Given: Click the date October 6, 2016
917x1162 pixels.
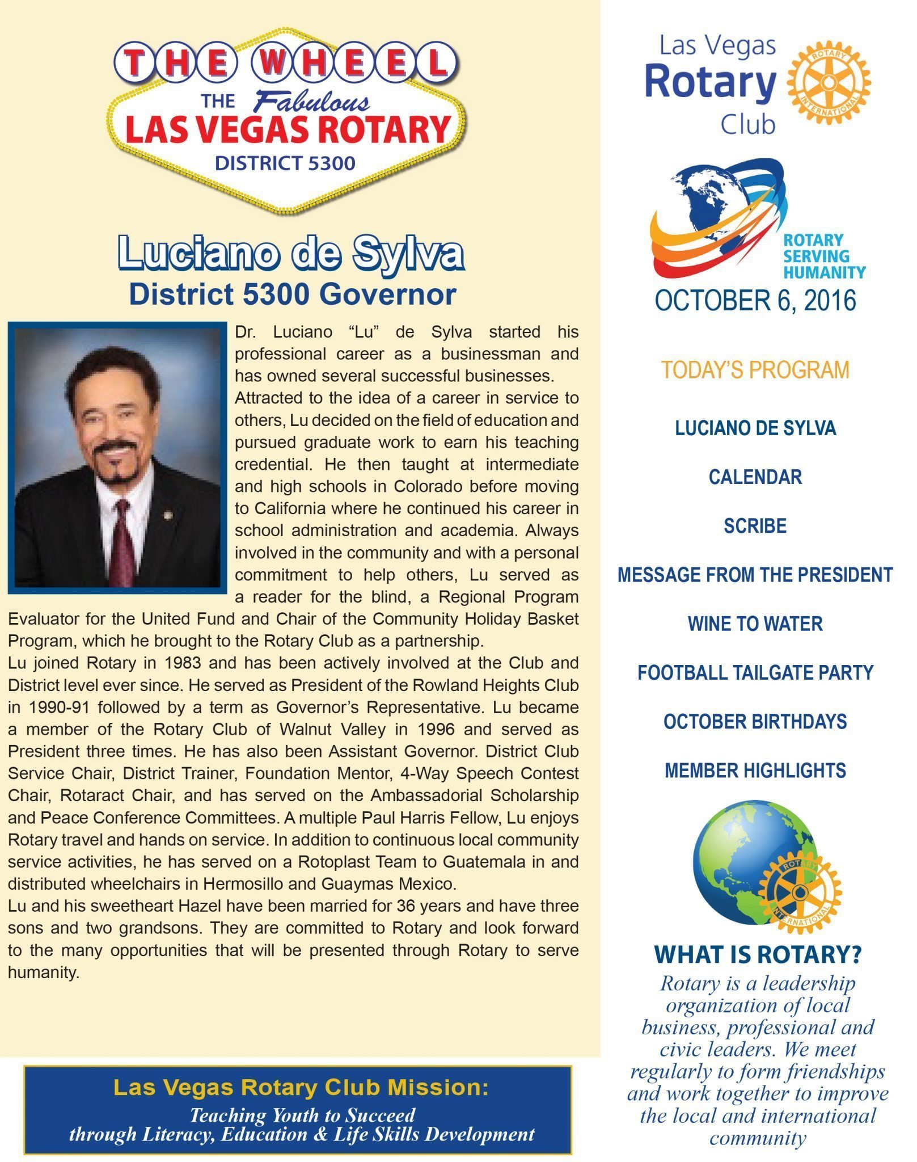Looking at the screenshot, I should [755, 301].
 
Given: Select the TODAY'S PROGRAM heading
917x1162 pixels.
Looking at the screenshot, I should [755, 370].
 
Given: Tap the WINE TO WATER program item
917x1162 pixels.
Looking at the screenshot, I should [755, 624].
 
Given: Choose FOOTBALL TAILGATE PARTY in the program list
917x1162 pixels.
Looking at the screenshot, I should [755, 672].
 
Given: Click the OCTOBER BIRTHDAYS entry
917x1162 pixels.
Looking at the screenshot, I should [755, 722].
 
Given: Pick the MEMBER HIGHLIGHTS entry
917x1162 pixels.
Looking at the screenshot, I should [755, 771].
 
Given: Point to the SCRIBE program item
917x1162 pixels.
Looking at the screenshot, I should [755, 526].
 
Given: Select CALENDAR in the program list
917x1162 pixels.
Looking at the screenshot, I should [755, 477].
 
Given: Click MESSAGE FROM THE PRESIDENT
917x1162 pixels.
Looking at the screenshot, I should [755, 575].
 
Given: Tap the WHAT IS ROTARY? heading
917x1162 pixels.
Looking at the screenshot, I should [758, 955].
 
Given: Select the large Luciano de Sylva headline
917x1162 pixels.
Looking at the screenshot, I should [291, 253].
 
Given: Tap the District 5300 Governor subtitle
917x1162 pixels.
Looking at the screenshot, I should [293, 294].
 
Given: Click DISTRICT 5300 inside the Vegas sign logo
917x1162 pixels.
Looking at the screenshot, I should [285, 163].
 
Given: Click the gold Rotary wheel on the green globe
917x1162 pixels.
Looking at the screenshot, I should [800, 892].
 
